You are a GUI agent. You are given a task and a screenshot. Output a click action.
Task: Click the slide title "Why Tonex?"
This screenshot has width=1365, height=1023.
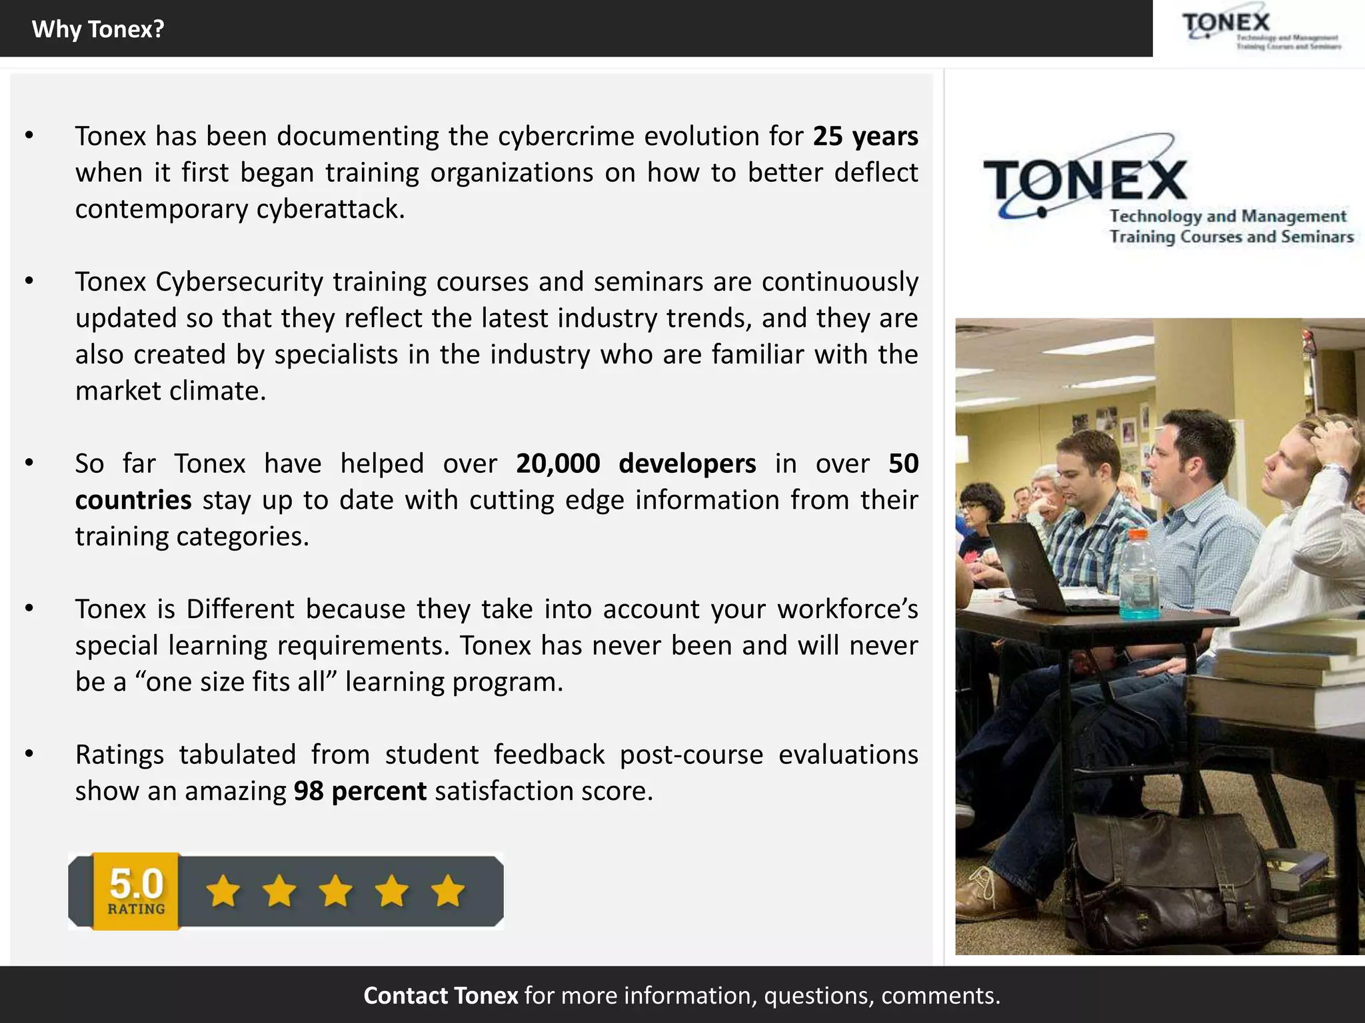click(98, 29)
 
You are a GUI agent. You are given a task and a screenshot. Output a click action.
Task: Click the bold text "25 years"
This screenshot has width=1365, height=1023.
click(865, 137)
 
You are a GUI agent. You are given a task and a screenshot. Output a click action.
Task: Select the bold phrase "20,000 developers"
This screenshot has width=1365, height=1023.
click(636, 464)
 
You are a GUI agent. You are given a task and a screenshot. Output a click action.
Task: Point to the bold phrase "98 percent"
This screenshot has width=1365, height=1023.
click(360, 791)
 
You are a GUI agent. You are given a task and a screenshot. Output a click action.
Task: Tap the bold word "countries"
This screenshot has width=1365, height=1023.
click(133, 500)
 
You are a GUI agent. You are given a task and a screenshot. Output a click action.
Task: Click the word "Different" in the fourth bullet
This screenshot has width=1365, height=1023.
click(240, 609)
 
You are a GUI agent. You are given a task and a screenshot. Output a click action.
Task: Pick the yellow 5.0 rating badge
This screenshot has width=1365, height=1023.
click(136, 890)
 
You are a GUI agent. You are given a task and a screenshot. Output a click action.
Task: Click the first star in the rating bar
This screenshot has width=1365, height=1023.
click(223, 891)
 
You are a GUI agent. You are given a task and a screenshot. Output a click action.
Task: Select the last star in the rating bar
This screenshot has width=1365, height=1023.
click(448, 891)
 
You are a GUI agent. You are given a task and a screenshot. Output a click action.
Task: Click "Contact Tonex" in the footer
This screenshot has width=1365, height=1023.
click(441, 996)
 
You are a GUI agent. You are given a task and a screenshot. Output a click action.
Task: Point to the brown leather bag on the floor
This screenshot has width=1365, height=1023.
click(1173, 879)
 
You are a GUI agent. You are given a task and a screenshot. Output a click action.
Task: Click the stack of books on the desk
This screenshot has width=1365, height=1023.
click(1280, 673)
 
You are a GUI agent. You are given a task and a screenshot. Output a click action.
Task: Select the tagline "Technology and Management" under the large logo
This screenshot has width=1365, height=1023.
click(1228, 216)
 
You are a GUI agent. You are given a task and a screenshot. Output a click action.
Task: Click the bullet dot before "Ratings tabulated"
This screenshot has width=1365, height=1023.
click(29, 754)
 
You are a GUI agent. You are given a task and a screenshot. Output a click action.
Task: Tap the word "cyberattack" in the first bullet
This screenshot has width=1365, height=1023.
click(331, 210)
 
